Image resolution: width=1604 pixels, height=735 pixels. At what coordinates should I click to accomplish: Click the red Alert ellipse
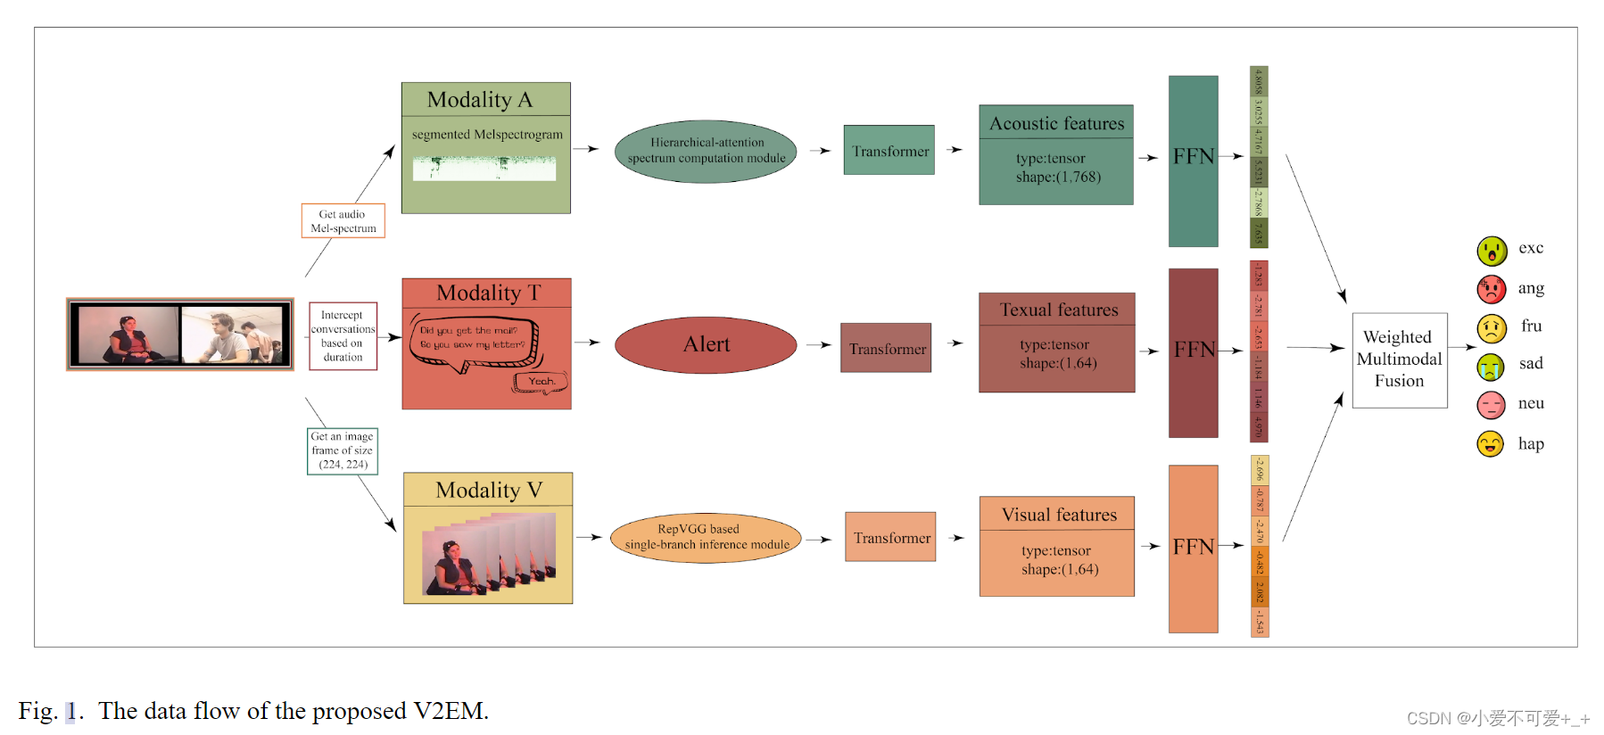[x=706, y=344]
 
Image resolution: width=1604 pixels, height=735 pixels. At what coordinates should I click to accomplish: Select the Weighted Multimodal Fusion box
[x=1399, y=359]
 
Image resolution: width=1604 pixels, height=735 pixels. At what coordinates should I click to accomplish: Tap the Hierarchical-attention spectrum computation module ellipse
[x=706, y=151]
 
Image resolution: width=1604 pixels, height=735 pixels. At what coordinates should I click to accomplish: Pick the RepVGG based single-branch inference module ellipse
[x=706, y=537]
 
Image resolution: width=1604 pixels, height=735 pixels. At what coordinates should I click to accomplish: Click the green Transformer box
[x=889, y=151]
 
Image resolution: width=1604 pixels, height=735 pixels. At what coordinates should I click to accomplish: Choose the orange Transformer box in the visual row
[x=890, y=537]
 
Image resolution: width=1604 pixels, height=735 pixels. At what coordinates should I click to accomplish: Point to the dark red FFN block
[x=1193, y=352]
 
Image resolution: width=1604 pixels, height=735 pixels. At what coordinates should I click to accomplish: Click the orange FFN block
[x=1193, y=548]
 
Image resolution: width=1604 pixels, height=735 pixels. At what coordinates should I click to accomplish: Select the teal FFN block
[x=1193, y=161]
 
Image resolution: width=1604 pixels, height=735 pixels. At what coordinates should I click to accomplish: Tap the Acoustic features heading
[x=1056, y=123]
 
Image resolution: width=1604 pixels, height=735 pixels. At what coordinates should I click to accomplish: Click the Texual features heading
[x=1058, y=310]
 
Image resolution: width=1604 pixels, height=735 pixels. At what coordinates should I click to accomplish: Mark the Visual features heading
[x=1058, y=515]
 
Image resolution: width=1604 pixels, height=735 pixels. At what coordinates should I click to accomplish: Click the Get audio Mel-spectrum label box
[x=343, y=221]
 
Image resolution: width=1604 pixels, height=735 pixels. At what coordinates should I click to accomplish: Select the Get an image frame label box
[x=343, y=450]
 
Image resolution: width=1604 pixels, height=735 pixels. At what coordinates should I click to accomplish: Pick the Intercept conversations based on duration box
[x=343, y=336]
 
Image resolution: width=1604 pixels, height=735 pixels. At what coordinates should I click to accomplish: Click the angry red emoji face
[x=1491, y=289]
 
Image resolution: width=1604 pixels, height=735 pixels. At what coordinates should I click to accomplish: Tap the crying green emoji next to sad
[x=1491, y=366]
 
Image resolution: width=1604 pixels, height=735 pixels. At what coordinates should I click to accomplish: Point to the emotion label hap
[x=1531, y=444]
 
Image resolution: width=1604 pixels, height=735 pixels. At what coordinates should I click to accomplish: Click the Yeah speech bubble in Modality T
[x=541, y=382]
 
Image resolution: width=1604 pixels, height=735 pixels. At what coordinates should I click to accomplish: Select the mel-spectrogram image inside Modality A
[x=484, y=168]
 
